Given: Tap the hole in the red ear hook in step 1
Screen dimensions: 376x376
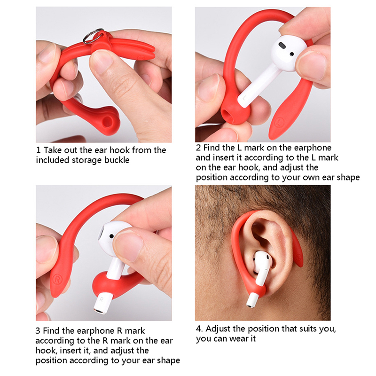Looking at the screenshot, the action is [x=108, y=122].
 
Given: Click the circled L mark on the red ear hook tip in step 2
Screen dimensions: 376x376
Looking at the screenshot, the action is [x=280, y=121].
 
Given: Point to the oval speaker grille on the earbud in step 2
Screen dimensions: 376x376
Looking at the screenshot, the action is [x=282, y=45].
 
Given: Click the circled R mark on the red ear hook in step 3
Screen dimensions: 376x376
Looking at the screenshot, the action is [x=57, y=279].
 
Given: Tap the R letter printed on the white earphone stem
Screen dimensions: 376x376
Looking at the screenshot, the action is [x=102, y=299].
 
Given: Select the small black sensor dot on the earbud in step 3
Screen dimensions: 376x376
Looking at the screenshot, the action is [x=111, y=236].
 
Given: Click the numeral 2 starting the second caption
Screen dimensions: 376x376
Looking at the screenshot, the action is [x=198, y=148].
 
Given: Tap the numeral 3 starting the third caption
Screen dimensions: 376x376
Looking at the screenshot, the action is [x=38, y=331].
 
